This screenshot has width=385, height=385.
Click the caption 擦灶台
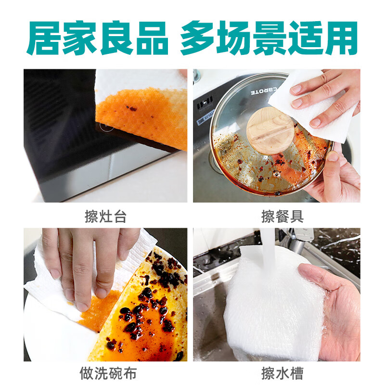coord(105,217)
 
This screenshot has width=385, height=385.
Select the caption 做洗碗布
coord(105,373)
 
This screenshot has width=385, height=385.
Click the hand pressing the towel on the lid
coord(332,96)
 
